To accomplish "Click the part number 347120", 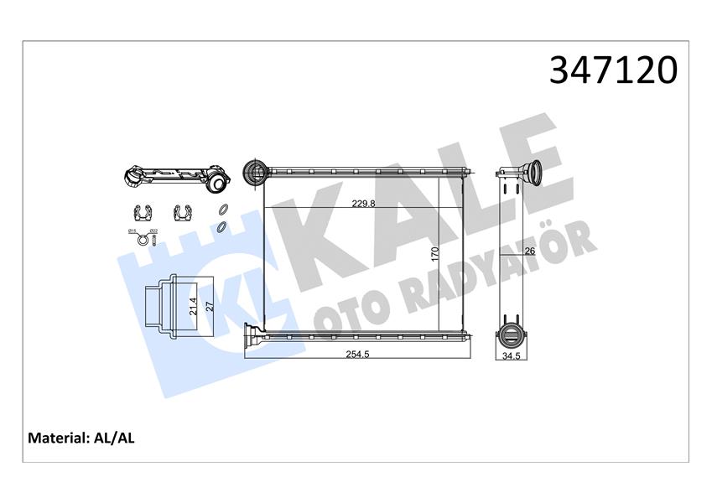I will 613,70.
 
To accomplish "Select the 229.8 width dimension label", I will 362,202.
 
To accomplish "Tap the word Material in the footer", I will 58,438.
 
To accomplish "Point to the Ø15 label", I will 133,231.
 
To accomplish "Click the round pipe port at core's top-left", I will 253,173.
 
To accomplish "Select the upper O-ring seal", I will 222,211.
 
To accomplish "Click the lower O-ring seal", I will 221,226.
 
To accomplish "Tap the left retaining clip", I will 142,213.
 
